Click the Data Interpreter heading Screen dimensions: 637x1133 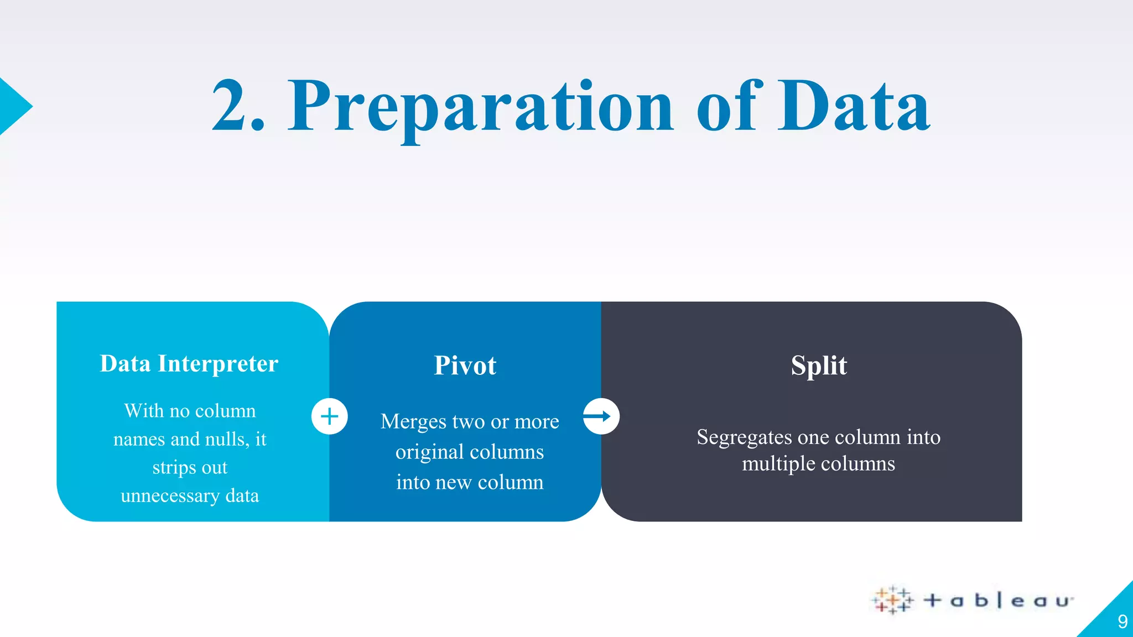(x=189, y=364)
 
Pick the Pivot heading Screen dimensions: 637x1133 (x=465, y=366)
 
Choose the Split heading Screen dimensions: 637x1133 (x=818, y=366)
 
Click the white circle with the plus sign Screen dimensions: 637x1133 (x=330, y=416)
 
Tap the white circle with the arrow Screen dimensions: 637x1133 (x=601, y=416)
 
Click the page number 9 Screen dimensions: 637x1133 (x=1122, y=622)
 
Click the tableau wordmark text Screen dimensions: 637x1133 (x=999, y=601)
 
